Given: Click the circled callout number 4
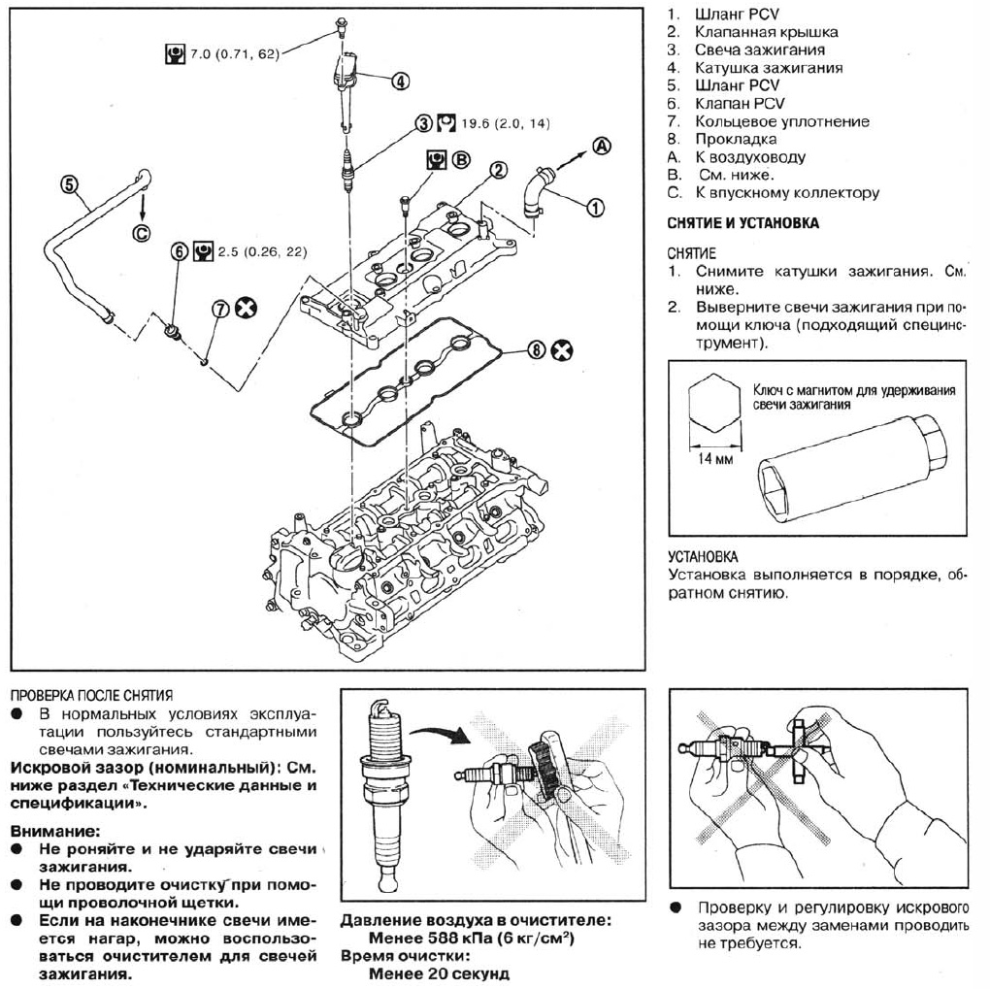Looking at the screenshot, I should (399, 82).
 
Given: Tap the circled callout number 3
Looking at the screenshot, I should (423, 123).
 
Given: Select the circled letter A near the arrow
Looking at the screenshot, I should (602, 147).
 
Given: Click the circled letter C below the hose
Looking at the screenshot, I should (142, 232).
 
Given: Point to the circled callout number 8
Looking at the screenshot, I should (536, 350).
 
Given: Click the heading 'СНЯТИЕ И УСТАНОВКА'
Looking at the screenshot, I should (742, 223).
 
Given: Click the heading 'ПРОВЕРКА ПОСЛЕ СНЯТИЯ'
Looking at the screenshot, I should (91, 695).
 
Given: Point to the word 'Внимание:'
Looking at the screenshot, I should (54, 831).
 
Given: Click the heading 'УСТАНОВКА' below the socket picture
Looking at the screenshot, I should (703, 557).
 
